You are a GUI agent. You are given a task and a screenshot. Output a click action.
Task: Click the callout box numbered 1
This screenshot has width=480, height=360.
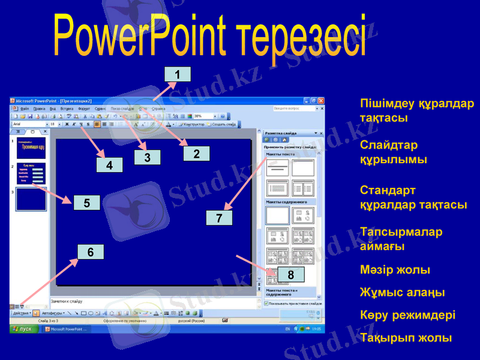click(177, 74)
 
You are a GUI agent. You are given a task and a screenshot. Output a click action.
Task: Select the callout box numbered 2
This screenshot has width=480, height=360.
click(196, 153)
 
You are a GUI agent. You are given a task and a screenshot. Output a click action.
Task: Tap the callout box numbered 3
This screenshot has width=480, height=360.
click(147, 157)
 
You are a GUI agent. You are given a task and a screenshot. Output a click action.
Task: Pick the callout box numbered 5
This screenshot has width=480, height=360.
click(87, 203)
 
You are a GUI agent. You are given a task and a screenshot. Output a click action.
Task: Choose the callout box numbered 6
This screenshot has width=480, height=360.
click(91, 253)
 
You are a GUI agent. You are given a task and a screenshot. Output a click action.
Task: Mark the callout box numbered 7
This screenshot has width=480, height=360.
click(219, 218)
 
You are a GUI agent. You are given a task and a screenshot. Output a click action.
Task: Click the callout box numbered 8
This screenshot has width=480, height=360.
click(290, 275)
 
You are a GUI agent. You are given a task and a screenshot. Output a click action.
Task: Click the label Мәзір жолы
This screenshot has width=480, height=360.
click(395, 269)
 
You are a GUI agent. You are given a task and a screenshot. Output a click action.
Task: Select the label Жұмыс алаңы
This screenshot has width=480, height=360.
click(402, 292)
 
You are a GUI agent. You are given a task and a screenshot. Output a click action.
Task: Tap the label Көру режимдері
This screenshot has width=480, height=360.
click(407, 315)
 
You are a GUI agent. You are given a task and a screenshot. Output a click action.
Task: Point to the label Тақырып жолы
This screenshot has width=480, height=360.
click(406, 338)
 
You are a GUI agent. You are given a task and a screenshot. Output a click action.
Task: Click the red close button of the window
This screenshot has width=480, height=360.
click(321, 101)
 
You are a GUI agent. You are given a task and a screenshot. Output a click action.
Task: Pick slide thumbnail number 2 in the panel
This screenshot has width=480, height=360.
click(31, 172)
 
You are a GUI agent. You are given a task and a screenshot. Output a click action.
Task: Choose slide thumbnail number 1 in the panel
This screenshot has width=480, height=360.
click(31, 146)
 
